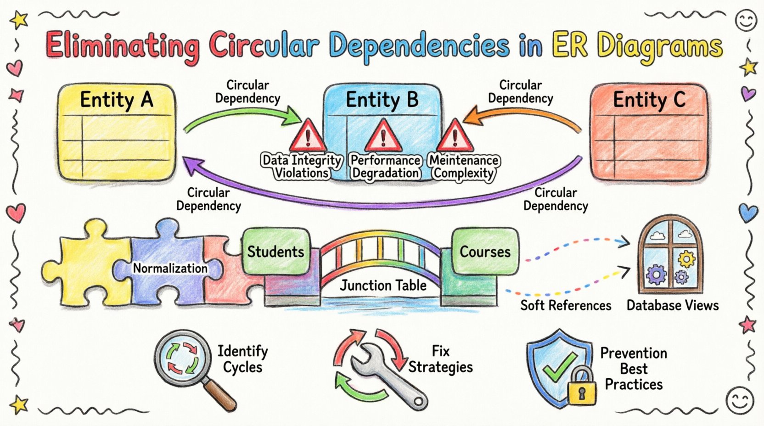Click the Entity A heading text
click(116, 99)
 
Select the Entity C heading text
click(649, 99)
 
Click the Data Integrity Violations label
click(302, 166)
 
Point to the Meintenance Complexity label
click(464, 166)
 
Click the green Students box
click(275, 251)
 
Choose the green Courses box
click(485, 252)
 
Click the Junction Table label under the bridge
click(383, 285)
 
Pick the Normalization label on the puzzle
click(170, 268)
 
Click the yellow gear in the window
click(686, 259)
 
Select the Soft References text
click(566, 305)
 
